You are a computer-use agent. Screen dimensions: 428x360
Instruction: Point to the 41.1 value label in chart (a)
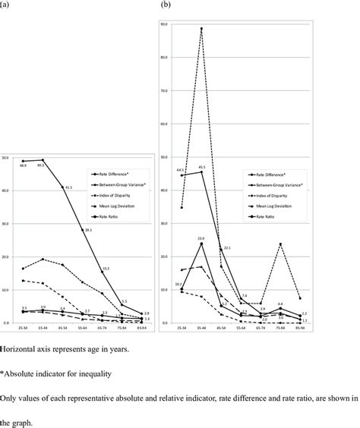(x=68, y=187)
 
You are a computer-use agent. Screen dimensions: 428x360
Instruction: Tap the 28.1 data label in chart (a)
(x=87, y=230)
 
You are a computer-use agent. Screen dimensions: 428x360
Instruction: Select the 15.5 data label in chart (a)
(x=106, y=269)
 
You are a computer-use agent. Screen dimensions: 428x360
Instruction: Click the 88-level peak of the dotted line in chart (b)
(x=201, y=28)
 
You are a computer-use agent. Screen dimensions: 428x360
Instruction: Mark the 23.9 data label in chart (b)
(x=201, y=238)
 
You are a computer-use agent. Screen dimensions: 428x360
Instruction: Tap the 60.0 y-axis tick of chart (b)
(x=164, y=124)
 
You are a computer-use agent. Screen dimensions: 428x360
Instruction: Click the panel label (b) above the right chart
(x=165, y=5)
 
